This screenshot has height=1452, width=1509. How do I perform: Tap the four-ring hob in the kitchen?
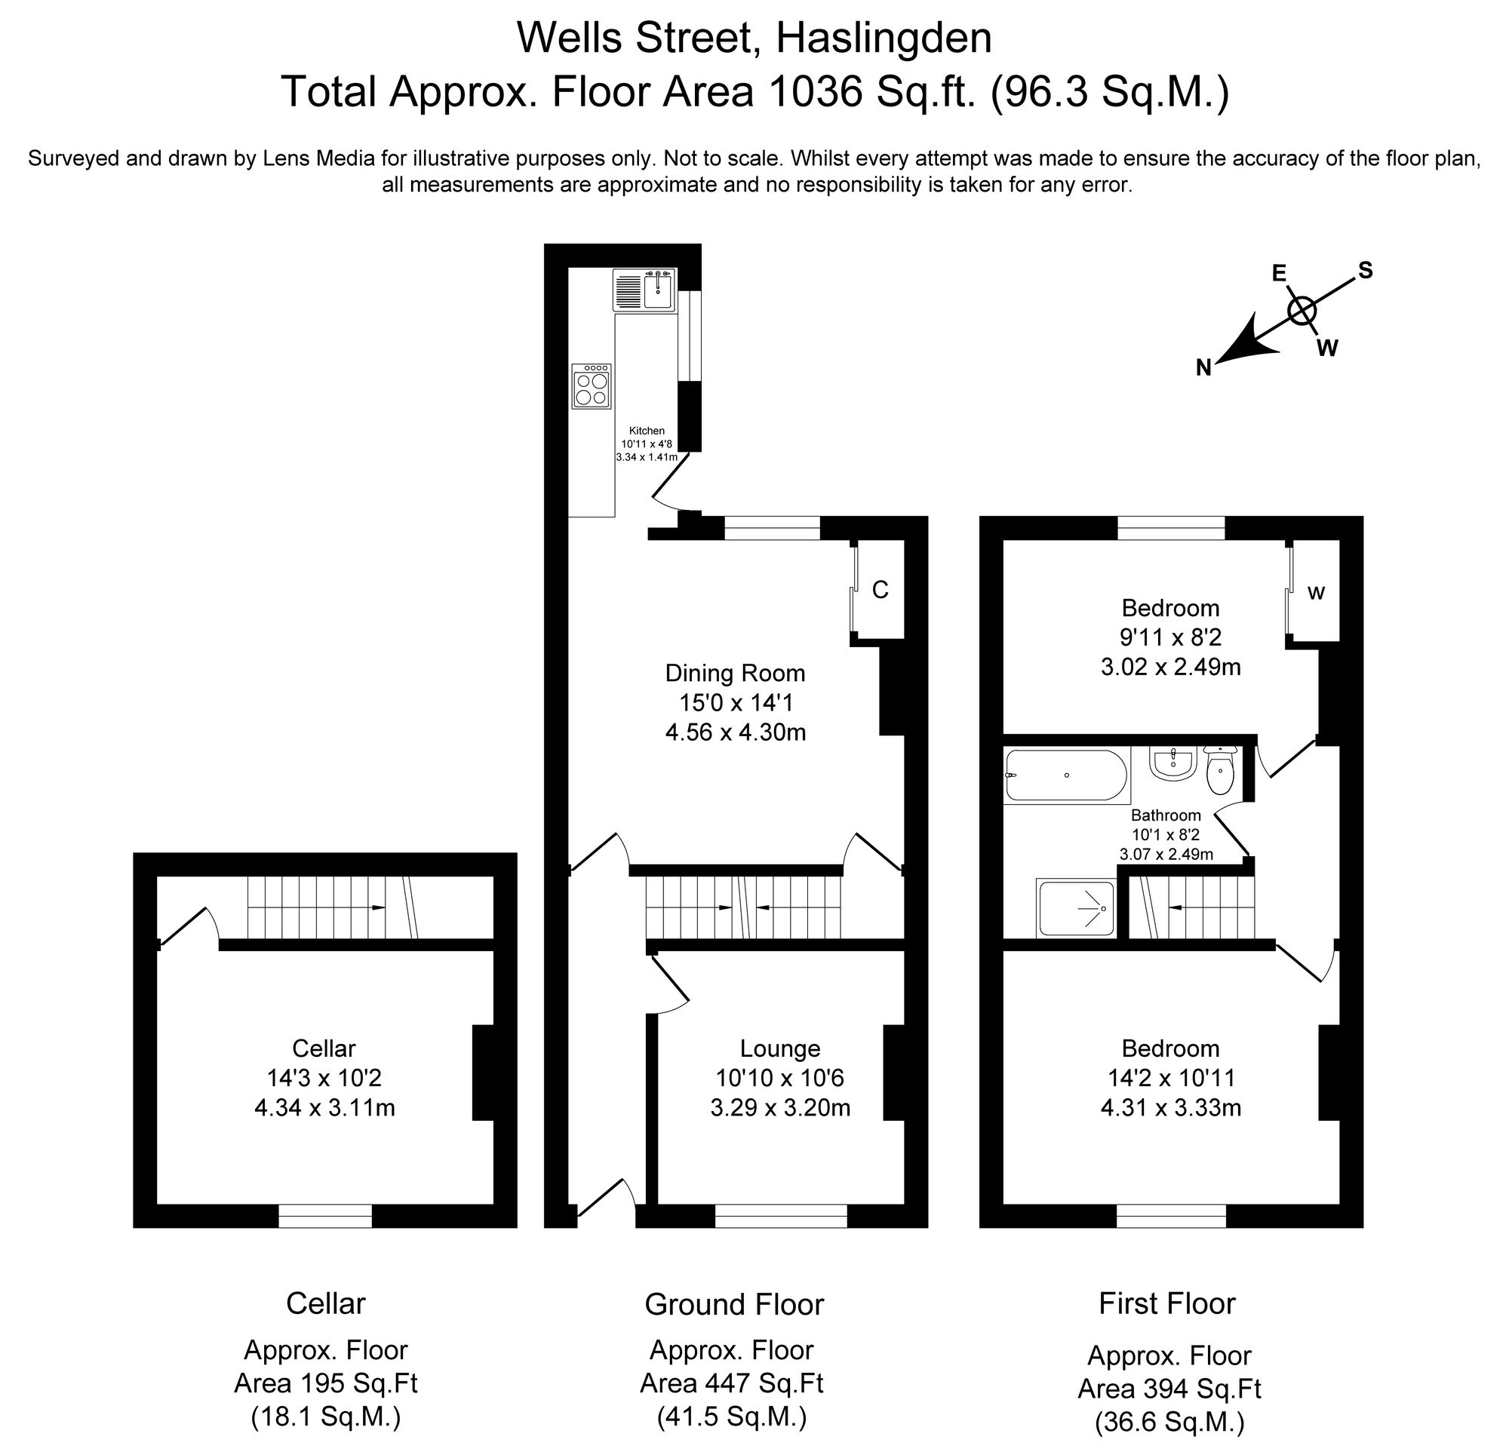click(x=592, y=386)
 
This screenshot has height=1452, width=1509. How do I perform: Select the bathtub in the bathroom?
click(x=1066, y=775)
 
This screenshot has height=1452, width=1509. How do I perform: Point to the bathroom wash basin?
click(x=1172, y=764)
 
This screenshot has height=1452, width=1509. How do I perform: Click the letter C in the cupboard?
click(x=880, y=589)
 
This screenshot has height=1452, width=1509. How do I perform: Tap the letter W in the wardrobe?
click(x=1317, y=594)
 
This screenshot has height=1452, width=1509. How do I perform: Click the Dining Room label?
click(x=735, y=674)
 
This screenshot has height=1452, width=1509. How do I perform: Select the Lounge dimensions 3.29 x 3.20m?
click(x=780, y=1108)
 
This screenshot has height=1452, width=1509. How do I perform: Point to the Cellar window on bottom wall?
click(x=325, y=1216)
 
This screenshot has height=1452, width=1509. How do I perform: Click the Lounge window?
click(x=781, y=1216)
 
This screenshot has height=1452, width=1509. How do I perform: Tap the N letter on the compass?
click(x=1204, y=368)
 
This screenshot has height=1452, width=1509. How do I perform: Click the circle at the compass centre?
click(x=1302, y=311)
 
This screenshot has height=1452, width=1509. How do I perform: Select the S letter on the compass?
click(x=1365, y=271)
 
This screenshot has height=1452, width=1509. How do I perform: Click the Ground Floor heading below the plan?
click(x=733, y=1305)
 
